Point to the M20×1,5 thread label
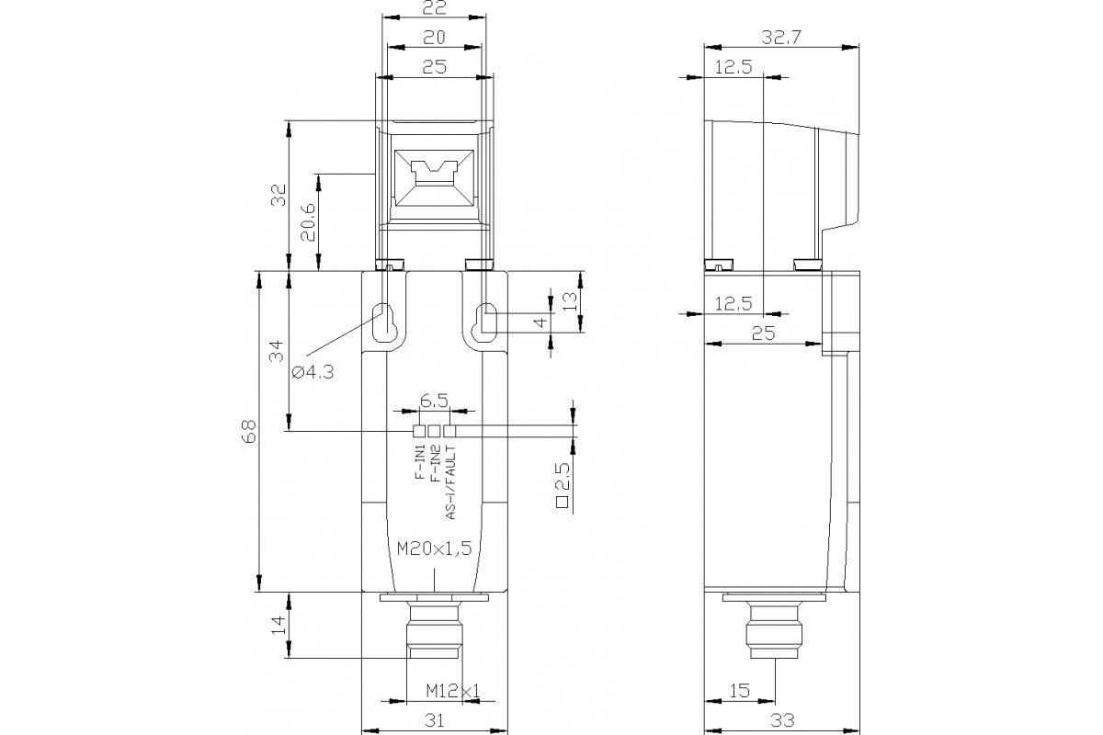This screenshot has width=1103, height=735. click(x=434, y=548)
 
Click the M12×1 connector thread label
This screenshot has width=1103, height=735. click(x=453, y=690)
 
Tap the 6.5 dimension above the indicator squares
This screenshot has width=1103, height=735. click(x=434, y=401)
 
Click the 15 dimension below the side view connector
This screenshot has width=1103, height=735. click(x=739, y=689)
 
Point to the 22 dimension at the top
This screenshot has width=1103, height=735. click(x=434, y=8)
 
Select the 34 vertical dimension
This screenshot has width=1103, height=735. click(x=277, y=352)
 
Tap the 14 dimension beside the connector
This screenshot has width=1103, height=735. click(x=277, y=627)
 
